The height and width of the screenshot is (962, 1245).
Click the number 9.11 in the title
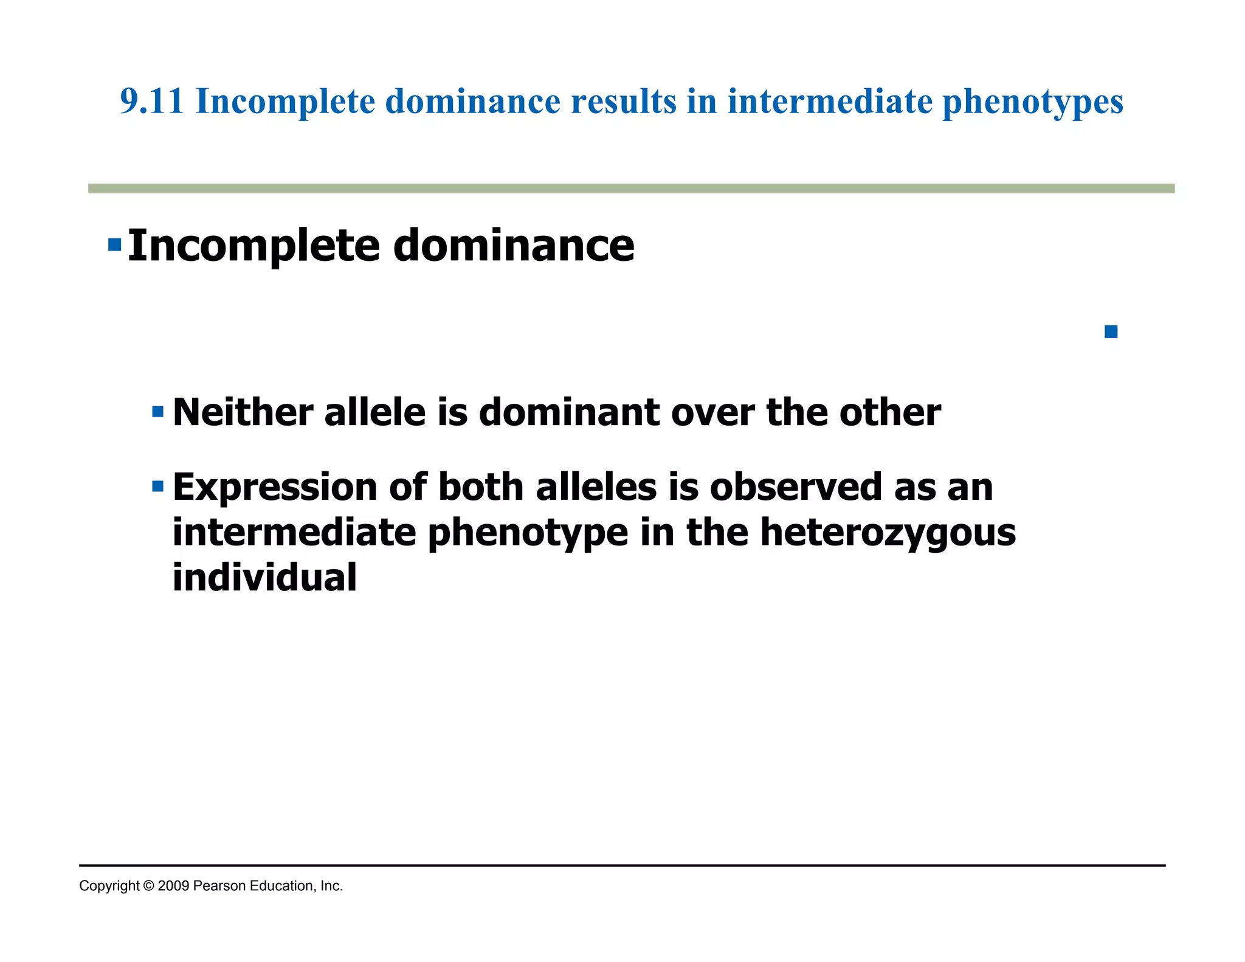151,102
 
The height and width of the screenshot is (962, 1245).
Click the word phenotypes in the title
1032,102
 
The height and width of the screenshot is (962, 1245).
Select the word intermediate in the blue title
830,102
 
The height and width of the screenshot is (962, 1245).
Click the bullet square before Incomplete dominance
114,245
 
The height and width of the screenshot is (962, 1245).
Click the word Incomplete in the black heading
253,246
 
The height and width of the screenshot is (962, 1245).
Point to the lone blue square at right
1111,332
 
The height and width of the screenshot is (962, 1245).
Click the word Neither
243,413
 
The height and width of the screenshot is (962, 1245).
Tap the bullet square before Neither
158,412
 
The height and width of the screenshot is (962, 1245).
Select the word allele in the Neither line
375,413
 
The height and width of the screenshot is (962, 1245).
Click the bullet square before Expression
158,486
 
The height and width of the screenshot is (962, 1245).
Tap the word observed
796,488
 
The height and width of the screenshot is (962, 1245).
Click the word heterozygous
888,533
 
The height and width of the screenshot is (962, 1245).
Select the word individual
264,577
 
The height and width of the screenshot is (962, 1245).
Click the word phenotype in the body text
528,533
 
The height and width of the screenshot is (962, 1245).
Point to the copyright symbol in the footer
149,886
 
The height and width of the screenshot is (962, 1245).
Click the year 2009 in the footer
173,886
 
